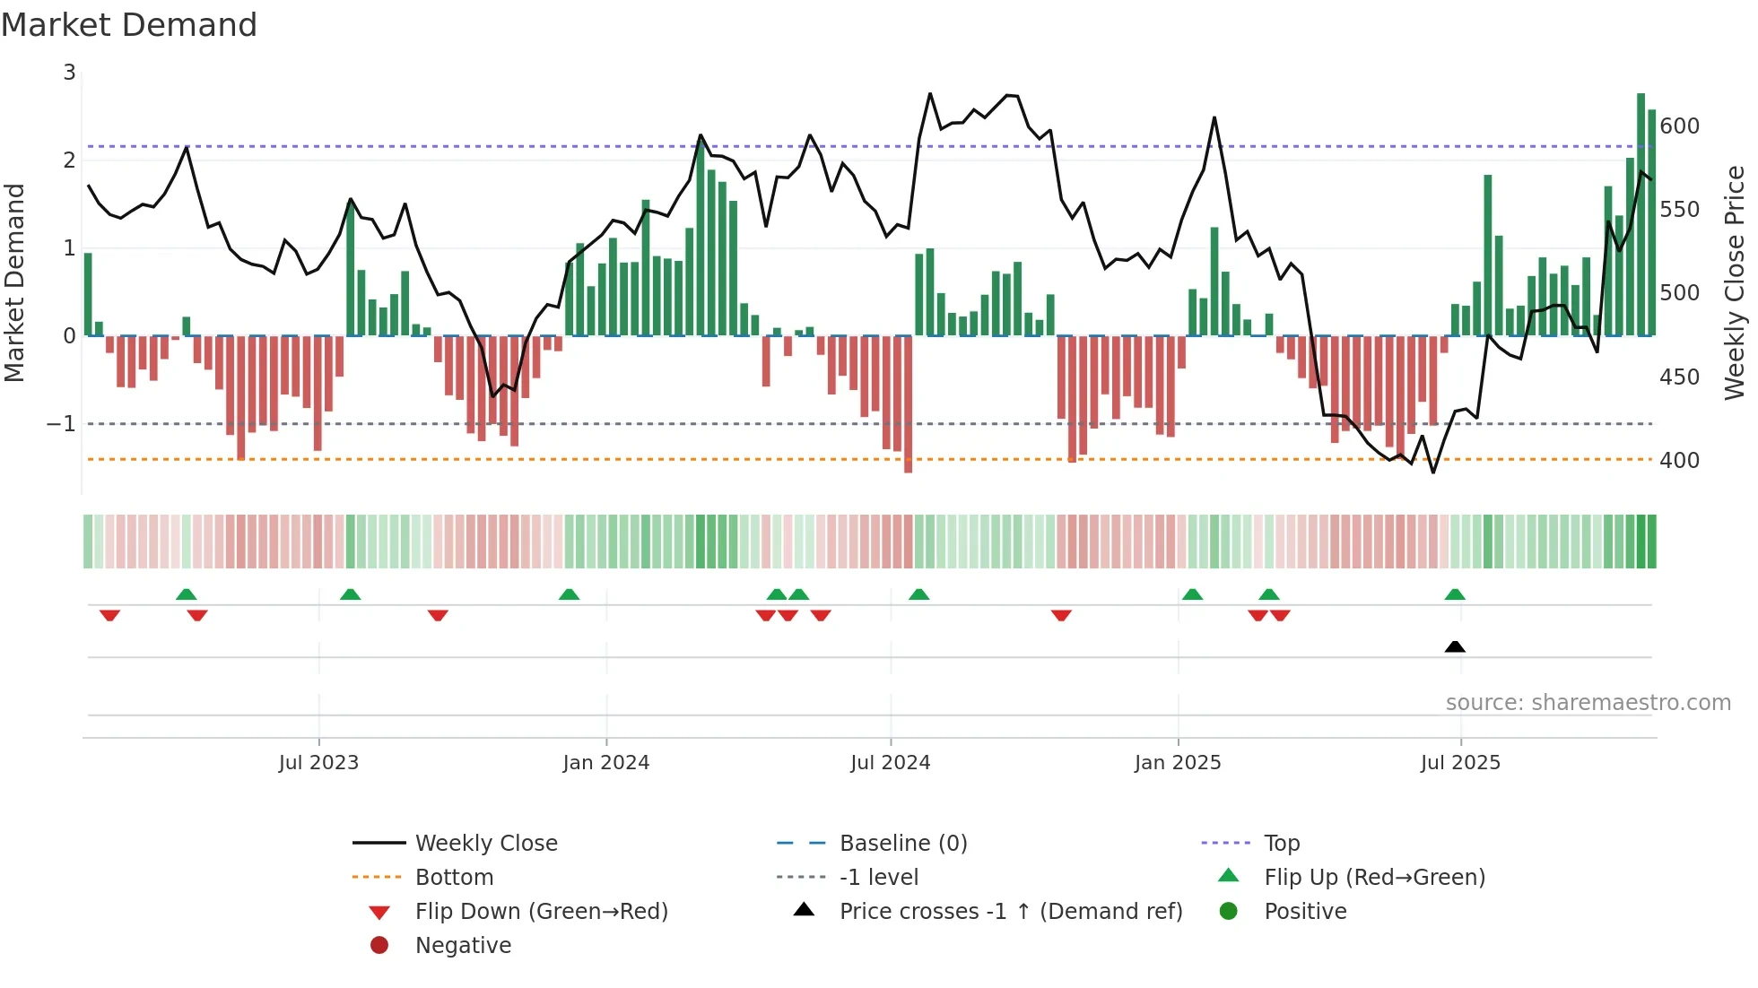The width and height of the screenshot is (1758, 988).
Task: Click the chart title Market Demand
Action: click(x=129, y=25)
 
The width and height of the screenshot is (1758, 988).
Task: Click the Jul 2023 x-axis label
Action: click(x=318, y=763)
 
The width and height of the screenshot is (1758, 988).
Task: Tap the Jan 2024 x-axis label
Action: click(x=605, y=763)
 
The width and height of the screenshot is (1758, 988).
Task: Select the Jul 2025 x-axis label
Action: click(x=1460, y=763)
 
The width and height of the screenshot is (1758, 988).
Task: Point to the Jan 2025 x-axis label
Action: click(x=1178, y=763)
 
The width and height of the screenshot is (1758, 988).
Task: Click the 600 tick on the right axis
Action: click(x=1679, y=126)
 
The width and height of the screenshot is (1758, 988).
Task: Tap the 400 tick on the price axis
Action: click(x=1679, y=461)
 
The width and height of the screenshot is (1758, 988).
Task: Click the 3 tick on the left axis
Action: click(x=69, y=73)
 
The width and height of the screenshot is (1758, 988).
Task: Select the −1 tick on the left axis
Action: click(x=62, y=423)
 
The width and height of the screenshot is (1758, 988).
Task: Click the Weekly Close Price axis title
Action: click(x=1735, y=282)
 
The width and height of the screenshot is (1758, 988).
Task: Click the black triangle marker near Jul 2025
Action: click(x=1455, y=646)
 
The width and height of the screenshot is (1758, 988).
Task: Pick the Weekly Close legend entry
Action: click(x=486, y=844)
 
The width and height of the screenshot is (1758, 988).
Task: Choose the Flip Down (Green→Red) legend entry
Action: click(x=541, y=912)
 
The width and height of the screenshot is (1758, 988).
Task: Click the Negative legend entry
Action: click(x=463, y=946)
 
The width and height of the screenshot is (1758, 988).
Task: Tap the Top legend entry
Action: click(x=1282, y=844)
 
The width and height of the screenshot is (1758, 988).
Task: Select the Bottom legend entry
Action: click(x=454, y=878)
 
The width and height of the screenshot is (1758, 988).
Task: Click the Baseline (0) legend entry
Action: click(x=903, y=844)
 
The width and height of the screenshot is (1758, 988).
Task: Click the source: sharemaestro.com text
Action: click(x=1588, y=703)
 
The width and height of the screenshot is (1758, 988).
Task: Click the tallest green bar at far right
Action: click(x=1641, y=215)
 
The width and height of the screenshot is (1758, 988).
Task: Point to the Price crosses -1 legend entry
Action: click(x=1011, y=912)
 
